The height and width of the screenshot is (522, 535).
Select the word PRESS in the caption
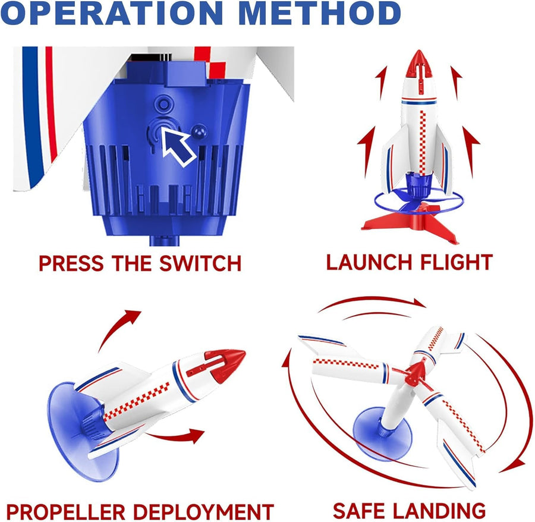point(66,263)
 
